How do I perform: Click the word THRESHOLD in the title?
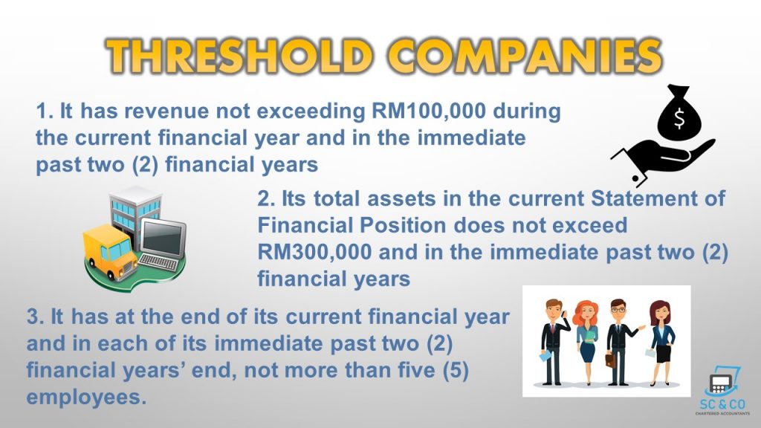point(239,56)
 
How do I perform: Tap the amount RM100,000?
point(429,111)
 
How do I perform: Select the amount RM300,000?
point(314,253)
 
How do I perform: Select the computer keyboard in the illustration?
point(158,262)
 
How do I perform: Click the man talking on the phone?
point(554,342)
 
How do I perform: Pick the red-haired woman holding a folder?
point(586,343)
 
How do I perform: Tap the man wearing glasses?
point(620,342)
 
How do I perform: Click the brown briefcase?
point(610,360)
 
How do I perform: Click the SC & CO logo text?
point(722,404)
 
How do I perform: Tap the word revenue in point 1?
point(169,111)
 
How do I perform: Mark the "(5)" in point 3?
point(456,370)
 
